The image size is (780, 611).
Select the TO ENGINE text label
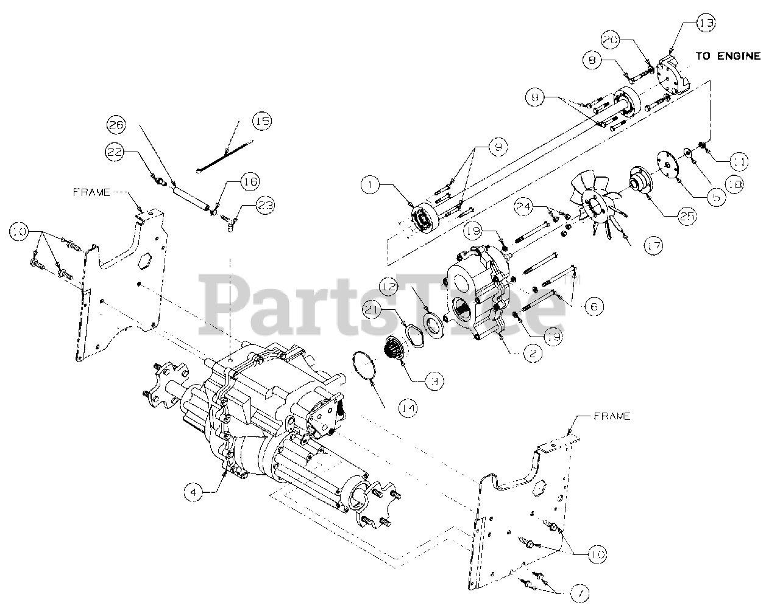[x=728, y=55]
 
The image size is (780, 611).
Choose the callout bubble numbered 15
[x=262, y=121]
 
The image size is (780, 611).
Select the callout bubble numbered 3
[x=433, y=381]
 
